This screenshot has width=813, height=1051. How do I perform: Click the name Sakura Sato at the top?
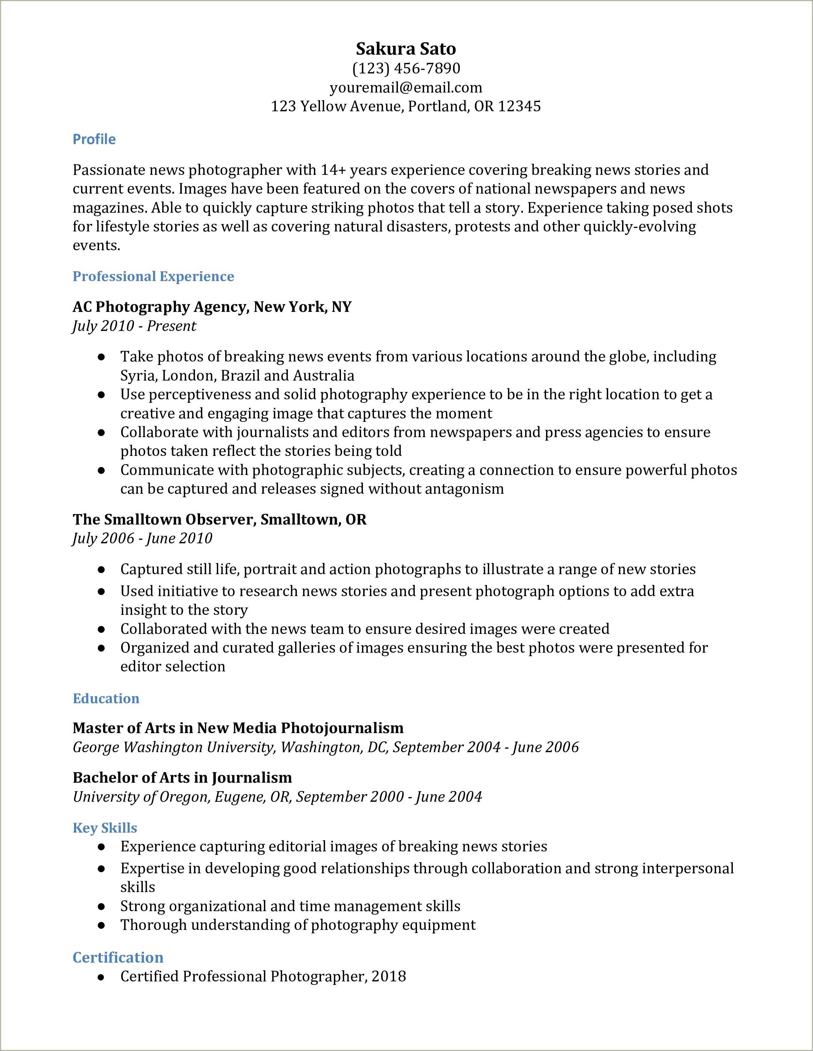coord(406,49)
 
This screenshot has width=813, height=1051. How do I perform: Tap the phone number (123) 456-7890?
coord(406,68)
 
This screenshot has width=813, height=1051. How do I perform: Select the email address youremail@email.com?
coord(406,88)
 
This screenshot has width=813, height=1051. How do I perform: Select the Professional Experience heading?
coord(153,276)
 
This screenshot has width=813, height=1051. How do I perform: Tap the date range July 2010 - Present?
coord(134,326)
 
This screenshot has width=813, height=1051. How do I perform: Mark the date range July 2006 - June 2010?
coord(142,538)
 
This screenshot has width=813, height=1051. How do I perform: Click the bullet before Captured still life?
coord(101,570)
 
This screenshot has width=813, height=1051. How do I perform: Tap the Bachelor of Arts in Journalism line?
coord(182,778)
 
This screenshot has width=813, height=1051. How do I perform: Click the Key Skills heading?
coord(105,828)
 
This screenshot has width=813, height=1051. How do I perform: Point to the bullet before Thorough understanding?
coord(101,925)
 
